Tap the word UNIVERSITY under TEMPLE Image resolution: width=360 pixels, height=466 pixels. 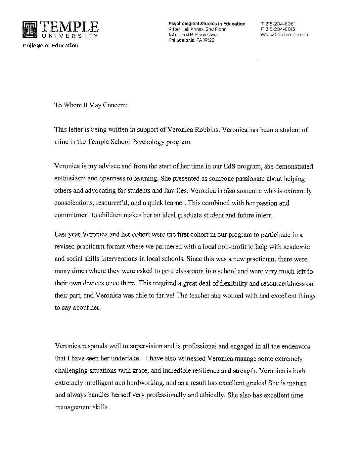click(69, 36)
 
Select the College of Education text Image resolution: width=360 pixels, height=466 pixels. click(50, 46)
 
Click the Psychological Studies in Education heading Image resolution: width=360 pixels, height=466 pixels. click(207, 24)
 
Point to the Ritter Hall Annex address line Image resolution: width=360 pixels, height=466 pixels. click(197, 29)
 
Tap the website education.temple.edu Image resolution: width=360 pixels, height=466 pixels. click(284, 34)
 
